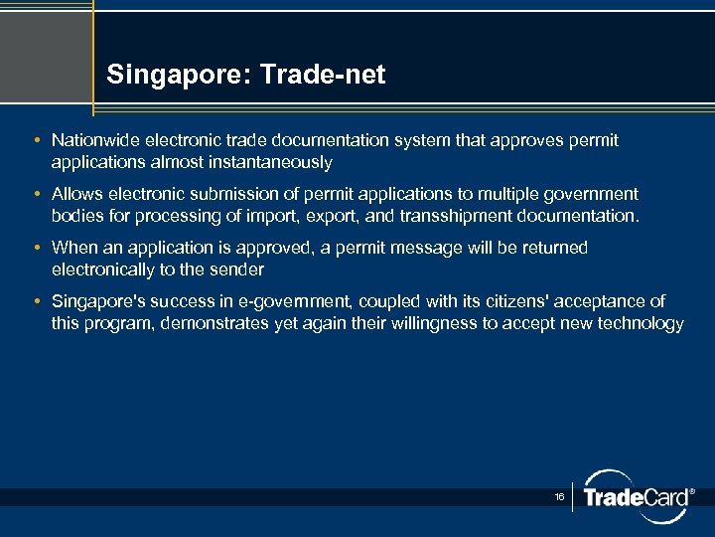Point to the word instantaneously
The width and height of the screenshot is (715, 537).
[271, 161]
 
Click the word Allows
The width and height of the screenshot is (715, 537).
[76, 194]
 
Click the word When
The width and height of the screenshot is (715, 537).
[74, 248]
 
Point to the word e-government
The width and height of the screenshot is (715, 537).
[298, 301]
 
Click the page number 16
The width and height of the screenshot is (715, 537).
[559, 494]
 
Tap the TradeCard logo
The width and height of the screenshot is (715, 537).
[636, 495]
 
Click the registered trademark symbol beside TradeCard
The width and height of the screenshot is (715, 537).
[692, 491]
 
